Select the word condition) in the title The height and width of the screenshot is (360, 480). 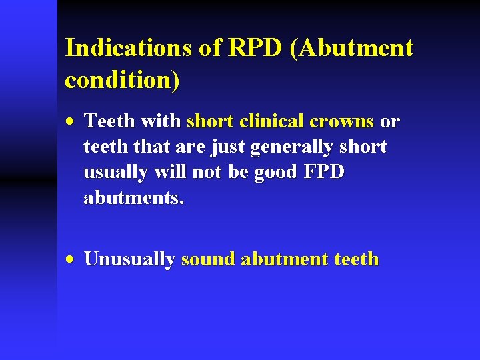pyautogui.click(x=122, y=80)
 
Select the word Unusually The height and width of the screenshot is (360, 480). pyautogui.click(x=129, y=260)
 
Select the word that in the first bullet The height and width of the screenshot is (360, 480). pyautogui.click(x=154, y=147)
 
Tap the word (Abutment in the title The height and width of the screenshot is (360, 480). pyautogui.click(x=352, y=48)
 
